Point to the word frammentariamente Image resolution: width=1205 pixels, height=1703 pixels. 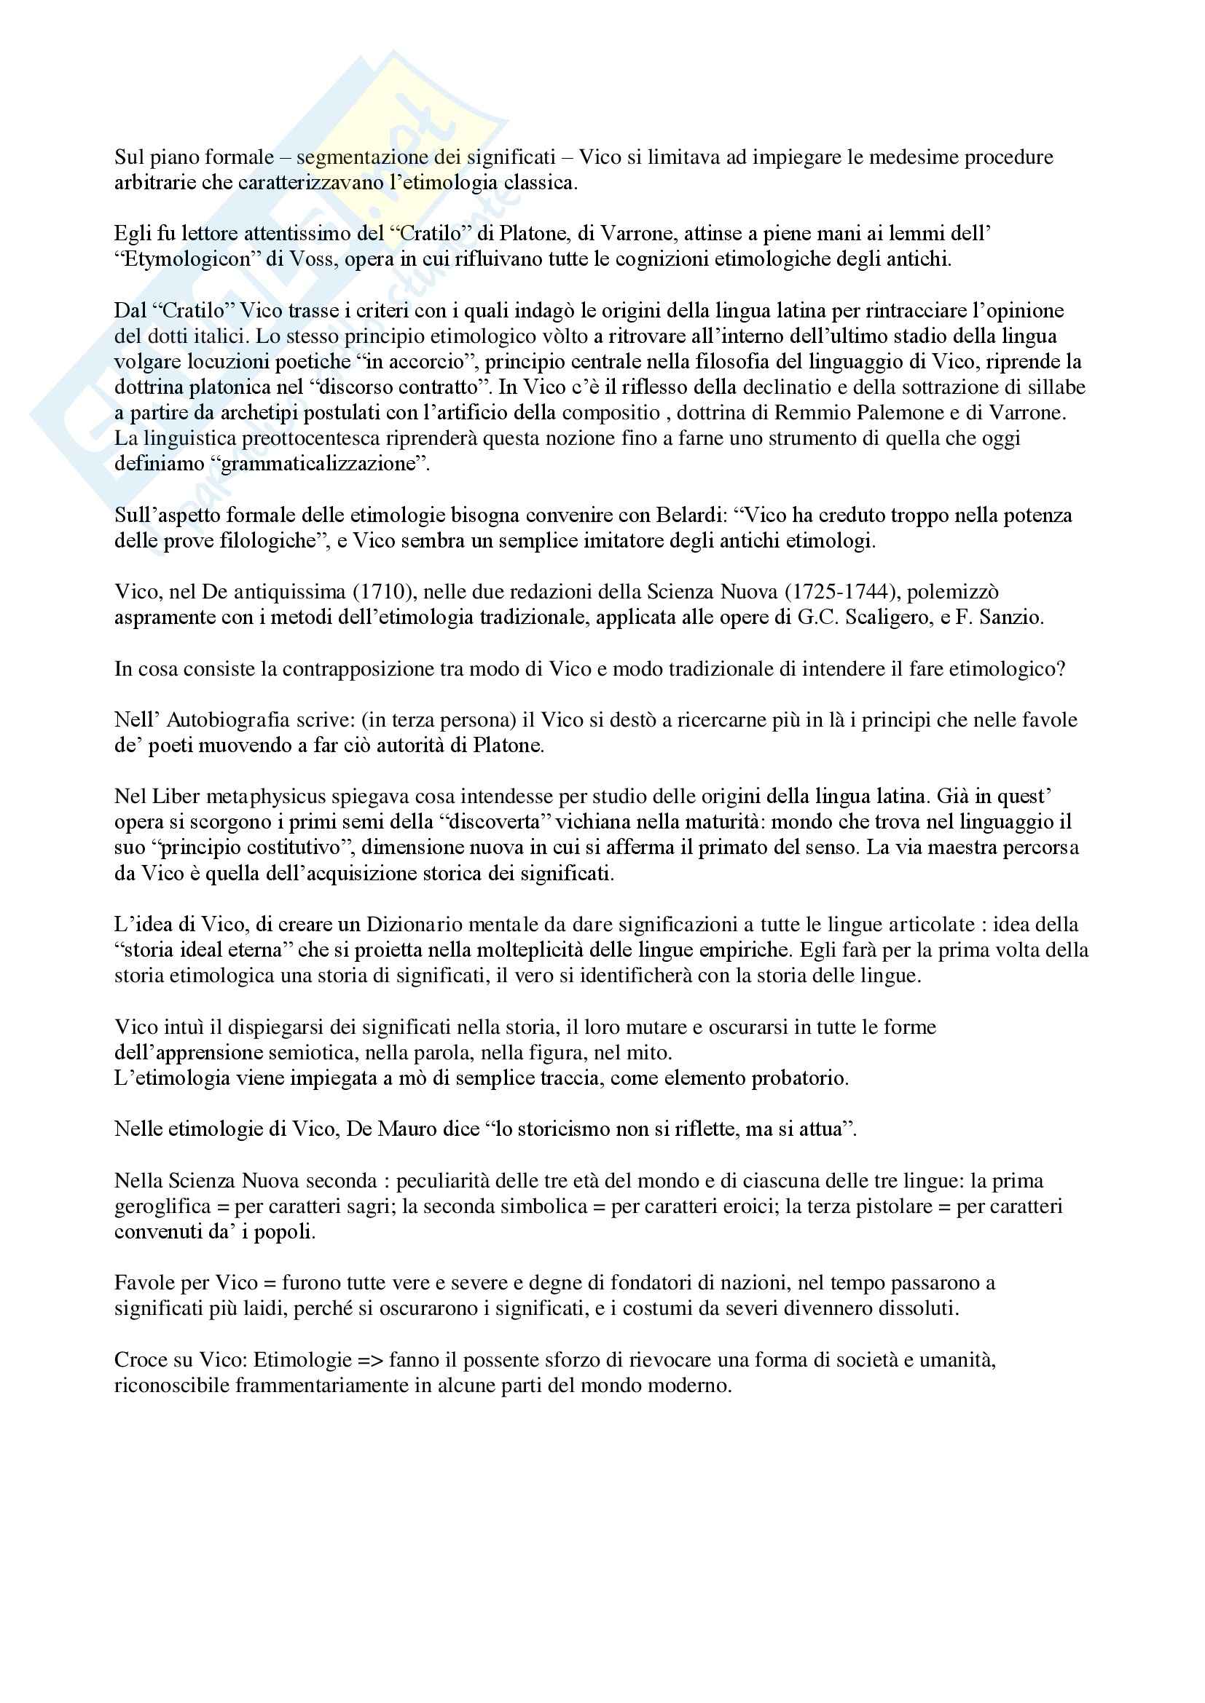(x=323, y=1386)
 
